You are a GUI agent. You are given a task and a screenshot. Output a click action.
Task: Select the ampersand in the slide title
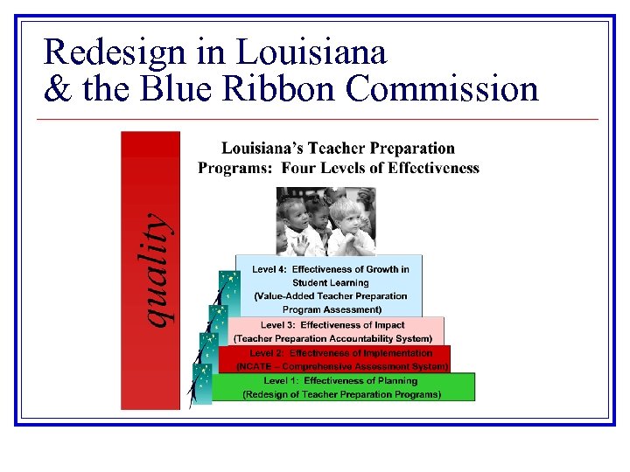click(57, 88)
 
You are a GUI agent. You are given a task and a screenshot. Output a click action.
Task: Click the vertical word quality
click(156, 270)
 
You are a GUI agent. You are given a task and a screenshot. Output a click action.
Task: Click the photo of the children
click(325, 220)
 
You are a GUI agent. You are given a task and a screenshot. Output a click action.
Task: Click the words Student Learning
click(330, 282)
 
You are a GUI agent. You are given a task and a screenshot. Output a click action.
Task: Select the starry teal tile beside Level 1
click(202, 385)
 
